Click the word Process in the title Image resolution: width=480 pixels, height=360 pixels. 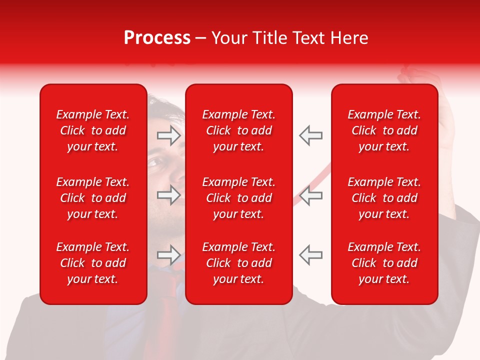(157, 38)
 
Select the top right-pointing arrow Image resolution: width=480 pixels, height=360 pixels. (169, 135)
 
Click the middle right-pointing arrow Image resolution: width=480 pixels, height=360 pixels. (169, 195)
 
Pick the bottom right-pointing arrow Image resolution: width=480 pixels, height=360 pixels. (169, 255)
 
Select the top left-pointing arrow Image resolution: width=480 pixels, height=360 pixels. (310, 135)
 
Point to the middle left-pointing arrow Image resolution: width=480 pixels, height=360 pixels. (310, 195)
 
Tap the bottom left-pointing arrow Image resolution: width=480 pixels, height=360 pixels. (310, 255)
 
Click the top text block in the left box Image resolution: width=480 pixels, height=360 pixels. (93, 130)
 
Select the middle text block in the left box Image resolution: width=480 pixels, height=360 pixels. (93, 198)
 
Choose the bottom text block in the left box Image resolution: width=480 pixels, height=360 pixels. (93, 263)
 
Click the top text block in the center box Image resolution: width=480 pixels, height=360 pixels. (239, 130)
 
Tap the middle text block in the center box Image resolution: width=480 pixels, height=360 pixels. (239, 198)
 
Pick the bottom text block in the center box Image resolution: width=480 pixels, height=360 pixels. (239, 263)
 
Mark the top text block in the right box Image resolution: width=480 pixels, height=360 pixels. (384, 130)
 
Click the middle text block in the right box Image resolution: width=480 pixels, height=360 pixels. (384, 198)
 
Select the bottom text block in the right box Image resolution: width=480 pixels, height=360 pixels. (384, 263)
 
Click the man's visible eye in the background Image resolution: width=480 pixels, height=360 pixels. (156, 162)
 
